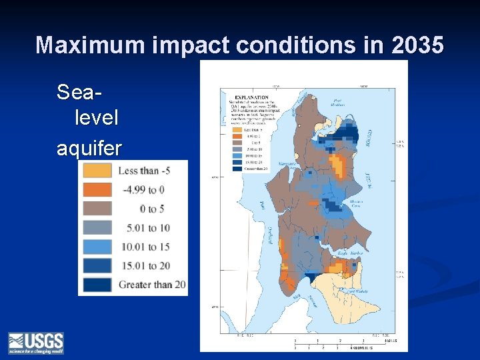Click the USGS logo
pyautogui.click(x=35, y=343)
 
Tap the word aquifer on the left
pyautogui.click(x=89, y=147)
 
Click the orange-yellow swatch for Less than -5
pyautogui.click(x=97, y=171)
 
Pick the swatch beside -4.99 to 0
pyautogui.click(x=97, y=189)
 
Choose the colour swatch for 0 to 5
pyautogui.click(x=97, y=209)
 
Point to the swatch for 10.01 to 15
pyautogui.click(x=97, y=247)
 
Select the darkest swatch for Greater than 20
pyautogui.click(x=97, y=285)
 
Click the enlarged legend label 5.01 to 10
pyautogui.click(x=147, y=228)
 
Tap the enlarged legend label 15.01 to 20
pyautogui.click(x=145, y=266)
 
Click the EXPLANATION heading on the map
pyautogui.click(x=242, y=96)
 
